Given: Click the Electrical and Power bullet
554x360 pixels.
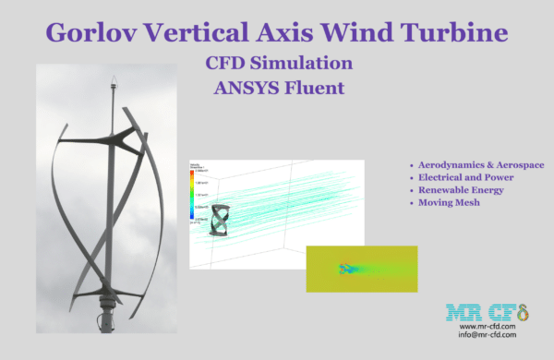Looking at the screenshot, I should [466, 176].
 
